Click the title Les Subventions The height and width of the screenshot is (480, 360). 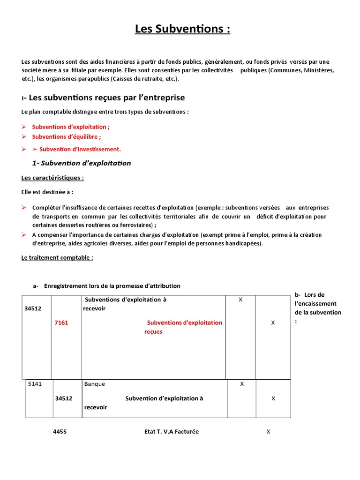(182, 30)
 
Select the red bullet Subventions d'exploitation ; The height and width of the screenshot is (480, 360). (71, 127)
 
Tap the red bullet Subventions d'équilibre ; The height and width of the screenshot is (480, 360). (66, 137)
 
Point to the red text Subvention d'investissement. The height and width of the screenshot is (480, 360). (80, 149)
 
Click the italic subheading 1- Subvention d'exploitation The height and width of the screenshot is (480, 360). (82, 163)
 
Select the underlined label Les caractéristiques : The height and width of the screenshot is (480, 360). (53, 178)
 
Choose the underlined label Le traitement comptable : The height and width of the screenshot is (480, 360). (57, 258)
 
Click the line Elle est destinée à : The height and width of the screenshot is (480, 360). (47, 192)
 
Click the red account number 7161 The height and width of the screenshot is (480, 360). (61, 322)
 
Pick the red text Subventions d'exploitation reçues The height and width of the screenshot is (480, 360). (184, 327)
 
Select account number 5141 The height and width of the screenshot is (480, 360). (35, 384)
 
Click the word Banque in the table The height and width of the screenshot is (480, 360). (95, 384)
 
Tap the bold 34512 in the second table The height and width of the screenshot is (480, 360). (63, 398)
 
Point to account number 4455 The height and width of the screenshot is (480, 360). (60, 432)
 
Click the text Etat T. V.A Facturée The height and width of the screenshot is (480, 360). (172, 432)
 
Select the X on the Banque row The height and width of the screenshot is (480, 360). (242, 384)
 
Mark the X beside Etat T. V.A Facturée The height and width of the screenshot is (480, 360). (268, 432)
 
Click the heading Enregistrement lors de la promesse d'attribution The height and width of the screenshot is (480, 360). (112, 286)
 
